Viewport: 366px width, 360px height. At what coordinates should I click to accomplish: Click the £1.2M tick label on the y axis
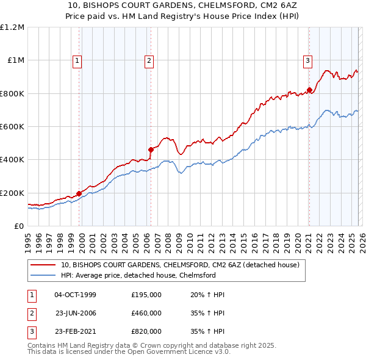12,27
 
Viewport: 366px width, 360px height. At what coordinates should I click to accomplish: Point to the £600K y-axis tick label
12,127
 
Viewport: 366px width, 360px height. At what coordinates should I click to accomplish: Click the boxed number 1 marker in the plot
78,60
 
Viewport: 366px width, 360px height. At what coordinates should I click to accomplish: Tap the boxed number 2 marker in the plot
149,60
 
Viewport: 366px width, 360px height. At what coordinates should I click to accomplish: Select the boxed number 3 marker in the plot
308,60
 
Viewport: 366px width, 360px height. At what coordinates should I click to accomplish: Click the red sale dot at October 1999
79,193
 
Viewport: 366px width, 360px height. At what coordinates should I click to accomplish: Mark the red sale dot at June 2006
151,149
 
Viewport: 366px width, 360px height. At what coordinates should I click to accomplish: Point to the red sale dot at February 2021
309,90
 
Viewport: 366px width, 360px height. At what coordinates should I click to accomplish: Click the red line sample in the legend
43,265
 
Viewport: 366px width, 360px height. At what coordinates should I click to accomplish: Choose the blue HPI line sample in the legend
43,275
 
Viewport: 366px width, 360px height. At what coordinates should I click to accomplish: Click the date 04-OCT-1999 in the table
75,295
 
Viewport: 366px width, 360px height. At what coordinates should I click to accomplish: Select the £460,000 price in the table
146,313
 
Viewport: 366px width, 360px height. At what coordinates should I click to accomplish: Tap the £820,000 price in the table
146,331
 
